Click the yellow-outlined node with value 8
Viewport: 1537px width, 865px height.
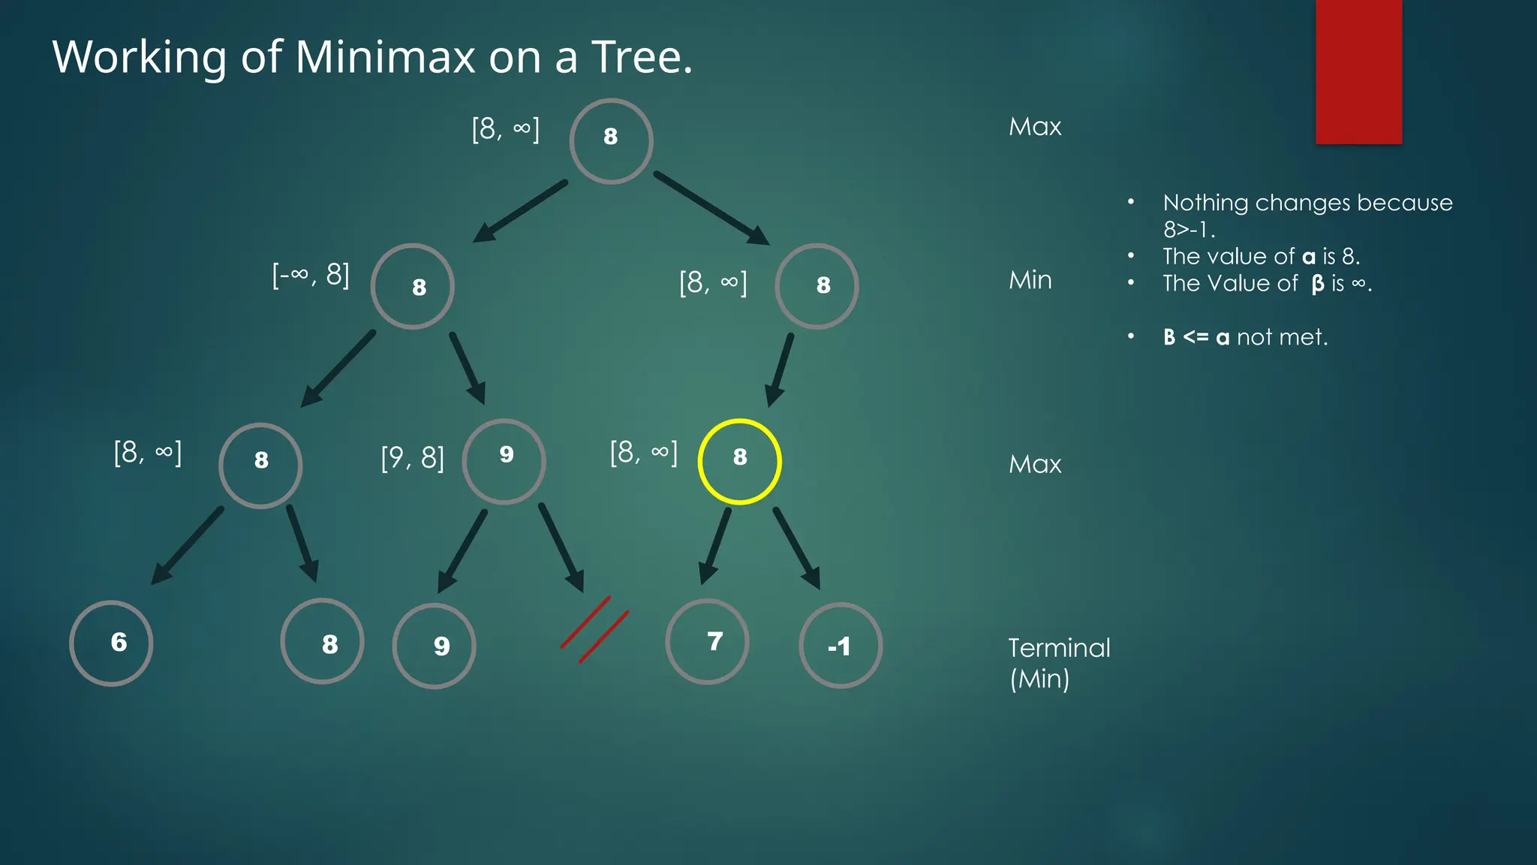coord(739,461)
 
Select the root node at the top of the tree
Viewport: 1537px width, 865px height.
coord(611,141)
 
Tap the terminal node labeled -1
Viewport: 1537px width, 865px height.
coord(841,646)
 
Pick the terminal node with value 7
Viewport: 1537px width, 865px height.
coord(707,642)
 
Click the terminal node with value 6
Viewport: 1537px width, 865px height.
coord(111,643)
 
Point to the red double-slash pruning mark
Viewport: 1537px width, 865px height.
coord(594,629)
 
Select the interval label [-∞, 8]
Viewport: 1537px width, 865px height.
coord(311,275)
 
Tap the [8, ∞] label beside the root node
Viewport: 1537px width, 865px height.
coord(505,129)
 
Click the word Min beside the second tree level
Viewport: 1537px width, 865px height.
coord(1030,280)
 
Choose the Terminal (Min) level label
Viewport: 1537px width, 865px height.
coord(1058,663)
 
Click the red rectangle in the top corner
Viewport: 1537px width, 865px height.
coord(1358,71)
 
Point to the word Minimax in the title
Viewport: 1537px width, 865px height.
coord(385,57)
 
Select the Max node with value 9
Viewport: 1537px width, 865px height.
coord(504,461)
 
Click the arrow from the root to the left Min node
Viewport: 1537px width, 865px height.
coord(520,211)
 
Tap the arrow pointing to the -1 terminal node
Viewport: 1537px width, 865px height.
coord(796,547)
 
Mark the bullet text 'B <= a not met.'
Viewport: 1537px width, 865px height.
coord(1245,337)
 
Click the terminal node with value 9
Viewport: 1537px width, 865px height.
coord(434,646)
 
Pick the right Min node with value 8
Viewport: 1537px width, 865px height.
coord(817,286)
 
